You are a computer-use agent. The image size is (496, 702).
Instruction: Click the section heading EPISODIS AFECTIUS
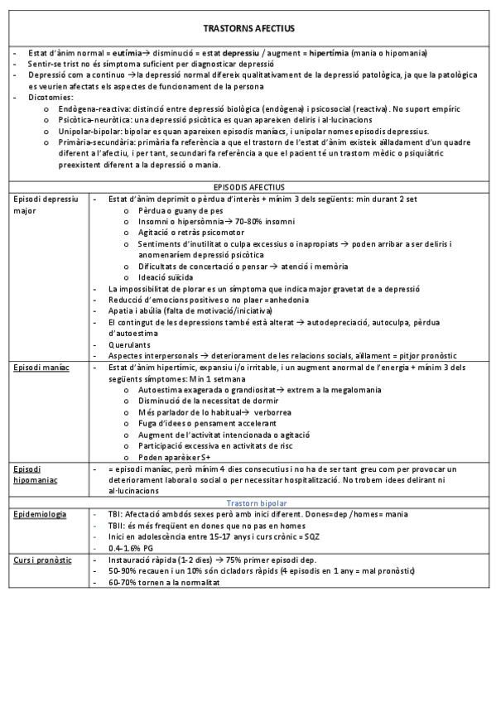click(248, 188)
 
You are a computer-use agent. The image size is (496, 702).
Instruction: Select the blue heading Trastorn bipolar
click(257, 502)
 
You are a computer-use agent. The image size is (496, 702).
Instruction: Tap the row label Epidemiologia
click(40, 514)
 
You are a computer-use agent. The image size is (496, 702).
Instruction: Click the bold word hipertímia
click(328, 53)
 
